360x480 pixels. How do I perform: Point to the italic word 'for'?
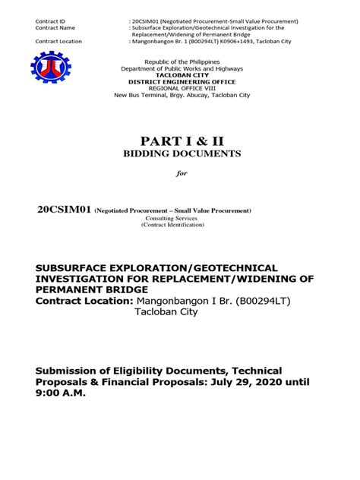click(x=181, y=173)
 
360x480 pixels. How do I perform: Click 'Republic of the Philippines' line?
click(x=179, y=60)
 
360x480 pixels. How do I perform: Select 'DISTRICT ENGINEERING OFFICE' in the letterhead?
click(x=180, y=81)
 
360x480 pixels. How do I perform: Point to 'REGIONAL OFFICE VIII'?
click(x=180, y=87)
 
